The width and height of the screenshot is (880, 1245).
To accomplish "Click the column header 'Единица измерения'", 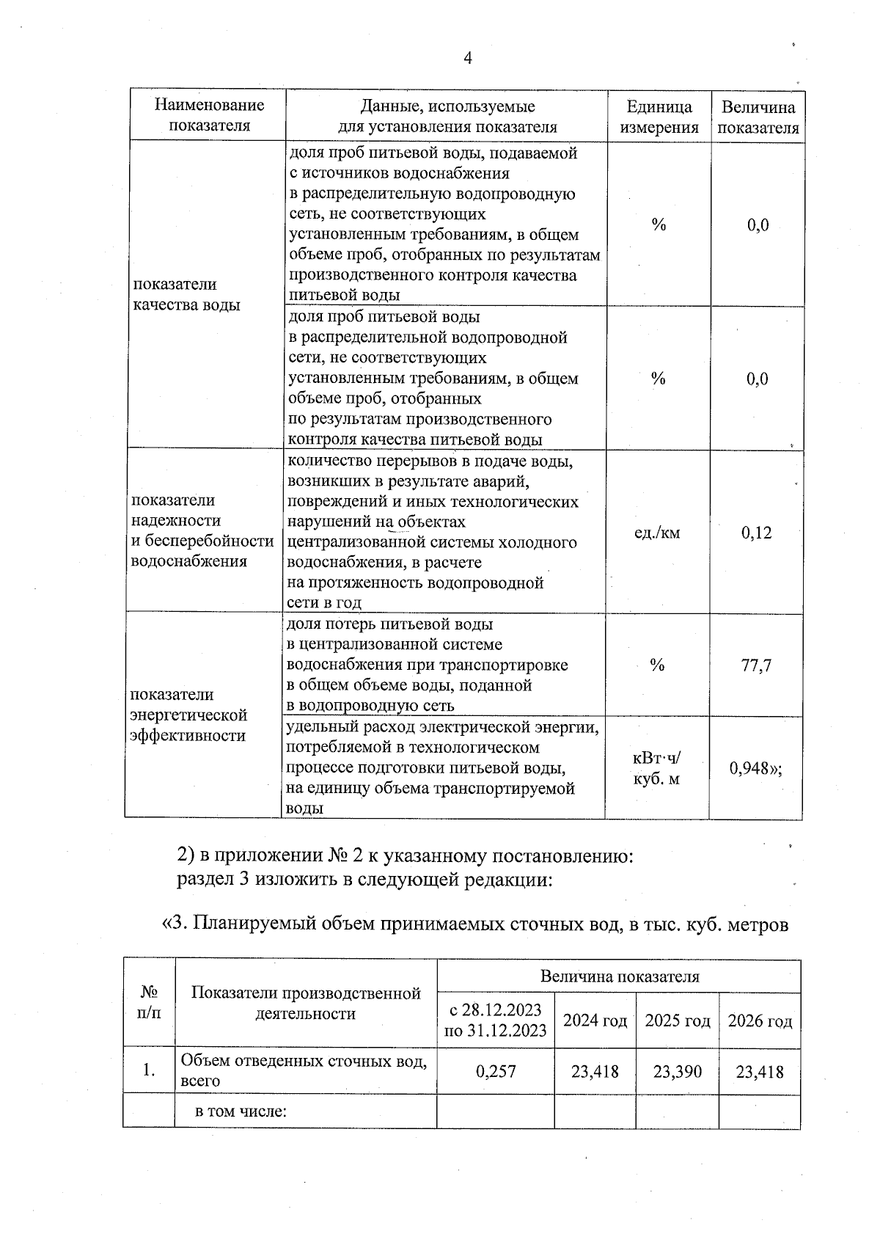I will [x=659, y=117].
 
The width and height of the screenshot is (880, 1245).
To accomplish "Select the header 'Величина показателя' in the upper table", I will [x=758, y=117].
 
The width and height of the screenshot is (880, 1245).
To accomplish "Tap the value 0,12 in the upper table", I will [x=756, y=533].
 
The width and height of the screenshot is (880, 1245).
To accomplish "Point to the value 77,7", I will [x=756, y=666].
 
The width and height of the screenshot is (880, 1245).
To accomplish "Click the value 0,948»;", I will [x=755, y=768].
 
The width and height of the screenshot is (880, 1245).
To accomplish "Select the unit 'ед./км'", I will [x=656, y=533].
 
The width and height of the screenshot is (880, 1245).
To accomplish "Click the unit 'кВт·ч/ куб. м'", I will [x=656, y=768].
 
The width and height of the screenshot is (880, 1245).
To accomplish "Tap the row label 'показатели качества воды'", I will [x=186, y=294].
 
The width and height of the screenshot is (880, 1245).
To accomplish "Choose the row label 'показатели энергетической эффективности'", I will [x=188, y=715].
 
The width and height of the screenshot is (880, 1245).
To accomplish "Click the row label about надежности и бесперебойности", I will [x=201, y=530].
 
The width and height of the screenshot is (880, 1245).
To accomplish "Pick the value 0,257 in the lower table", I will [x=496, y=1071].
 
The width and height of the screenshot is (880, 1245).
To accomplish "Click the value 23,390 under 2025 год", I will [x=677, y=1071].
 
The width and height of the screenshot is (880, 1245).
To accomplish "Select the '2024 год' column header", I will [x=595, y=1021].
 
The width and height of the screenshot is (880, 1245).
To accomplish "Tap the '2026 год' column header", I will [x=760, y=1021].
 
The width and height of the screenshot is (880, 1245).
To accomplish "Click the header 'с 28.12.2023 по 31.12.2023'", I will [x=496, y=1020].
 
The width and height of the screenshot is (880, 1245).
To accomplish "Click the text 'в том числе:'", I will [x=240, y=1111].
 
